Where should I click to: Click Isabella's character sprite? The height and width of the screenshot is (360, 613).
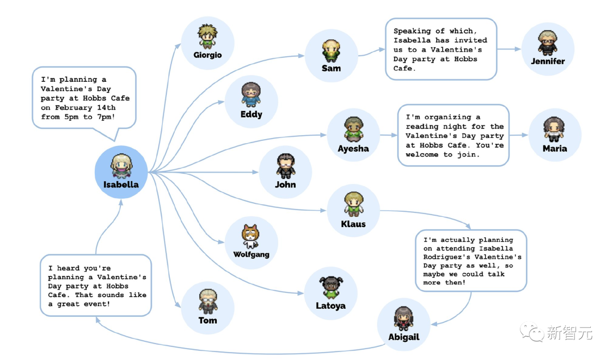(x=121, y=166)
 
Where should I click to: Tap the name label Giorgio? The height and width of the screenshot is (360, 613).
(x=208, y=55)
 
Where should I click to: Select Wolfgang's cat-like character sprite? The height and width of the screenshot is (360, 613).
(x=251, y=236)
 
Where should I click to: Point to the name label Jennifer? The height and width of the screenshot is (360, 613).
(x=548, y=61)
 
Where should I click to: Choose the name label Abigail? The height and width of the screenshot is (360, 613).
(x=404, y=337)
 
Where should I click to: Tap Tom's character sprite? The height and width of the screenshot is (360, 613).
(x=208, y=302)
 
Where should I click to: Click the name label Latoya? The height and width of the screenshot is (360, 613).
(x=331, y=305)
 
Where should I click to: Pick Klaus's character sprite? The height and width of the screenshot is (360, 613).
(x=354, y=204)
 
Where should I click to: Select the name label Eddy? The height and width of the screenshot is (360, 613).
(x=251, y=114)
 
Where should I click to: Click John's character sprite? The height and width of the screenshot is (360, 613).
(x=285, y=166)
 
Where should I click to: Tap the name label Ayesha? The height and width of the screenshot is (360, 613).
(x=354, y=149)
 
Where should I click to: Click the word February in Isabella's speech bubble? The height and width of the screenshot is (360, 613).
(x=73, y=108)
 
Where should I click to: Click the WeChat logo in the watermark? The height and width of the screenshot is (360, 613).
(x=531, y=332)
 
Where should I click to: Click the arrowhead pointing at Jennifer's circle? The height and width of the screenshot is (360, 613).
(x=518, y=49)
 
